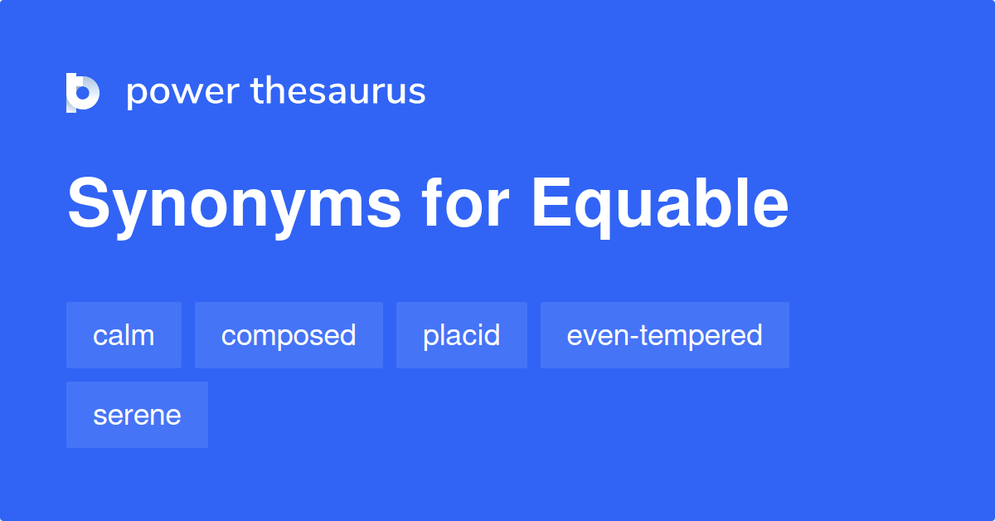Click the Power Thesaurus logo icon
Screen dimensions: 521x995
(82, 92)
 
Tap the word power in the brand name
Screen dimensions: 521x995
(182, 92)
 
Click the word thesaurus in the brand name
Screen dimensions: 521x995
(338, 91)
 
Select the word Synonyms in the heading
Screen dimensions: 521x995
(234, 205)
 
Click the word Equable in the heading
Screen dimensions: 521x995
(660, 205)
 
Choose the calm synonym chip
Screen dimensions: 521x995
(124, 335)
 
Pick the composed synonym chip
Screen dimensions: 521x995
(289, 335)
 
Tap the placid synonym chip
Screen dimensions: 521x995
(461, 335)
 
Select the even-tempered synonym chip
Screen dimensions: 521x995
(664, 335)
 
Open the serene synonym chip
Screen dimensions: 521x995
(137, 415)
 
